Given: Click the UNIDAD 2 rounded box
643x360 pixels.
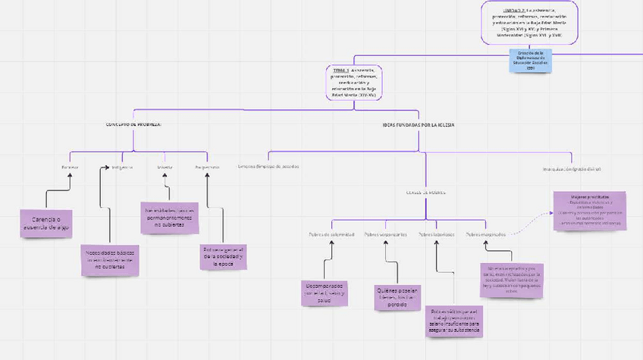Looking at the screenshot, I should pyautogui.click(x=529, y=23).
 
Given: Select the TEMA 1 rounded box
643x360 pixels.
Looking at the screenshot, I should pyautogui.click(x=353, y=82).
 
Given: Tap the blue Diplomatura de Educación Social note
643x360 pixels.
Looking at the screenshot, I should pyautogui.click(x=531, y=60).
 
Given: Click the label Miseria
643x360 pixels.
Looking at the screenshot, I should pyautogui.click(x=165, y=167).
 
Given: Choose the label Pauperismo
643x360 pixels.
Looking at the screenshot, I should pyautogui.click(x=207, y=167).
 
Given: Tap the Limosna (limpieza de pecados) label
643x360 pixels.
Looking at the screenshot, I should pyautogui.click(x=268, y=166).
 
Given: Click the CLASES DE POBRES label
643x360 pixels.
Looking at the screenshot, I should pyautogui.click(x=425, y=193).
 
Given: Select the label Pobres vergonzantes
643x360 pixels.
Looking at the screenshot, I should pyautogui.click(x=385, y=234).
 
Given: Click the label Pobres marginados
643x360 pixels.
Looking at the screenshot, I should pyautogui.click(x=485, y=234).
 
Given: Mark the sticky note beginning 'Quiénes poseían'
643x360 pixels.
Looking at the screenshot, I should pyautogui.click(x=397, y=298).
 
